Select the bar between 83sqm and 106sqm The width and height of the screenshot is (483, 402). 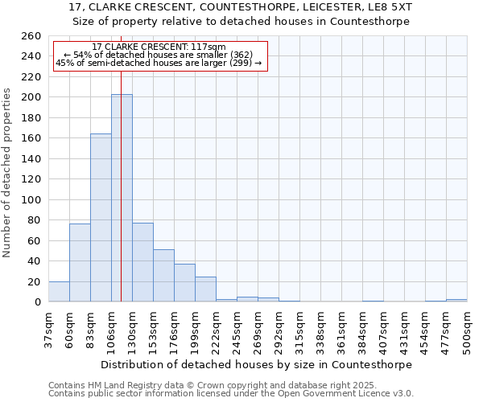(x=101, y=217)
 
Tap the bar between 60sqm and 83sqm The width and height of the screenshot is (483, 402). (x=80, y=262)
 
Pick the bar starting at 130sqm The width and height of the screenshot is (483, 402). (x=142, y=262)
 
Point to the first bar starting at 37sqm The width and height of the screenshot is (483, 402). (x=59, y=292)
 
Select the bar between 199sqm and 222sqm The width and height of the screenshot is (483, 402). (x=205, y=289)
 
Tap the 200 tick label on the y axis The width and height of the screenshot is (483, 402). (x=31, y=97)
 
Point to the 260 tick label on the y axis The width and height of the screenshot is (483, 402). (x=31, y=36)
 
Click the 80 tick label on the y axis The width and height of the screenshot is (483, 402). (x=35, y=220)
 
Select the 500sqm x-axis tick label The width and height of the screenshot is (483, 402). (x=467, y=330)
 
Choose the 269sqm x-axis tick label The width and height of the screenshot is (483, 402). (x=258, y=330)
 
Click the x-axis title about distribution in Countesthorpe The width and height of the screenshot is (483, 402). (x=257, y=364)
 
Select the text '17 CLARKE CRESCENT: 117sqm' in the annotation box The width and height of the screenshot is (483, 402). (x=159, y=47)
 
